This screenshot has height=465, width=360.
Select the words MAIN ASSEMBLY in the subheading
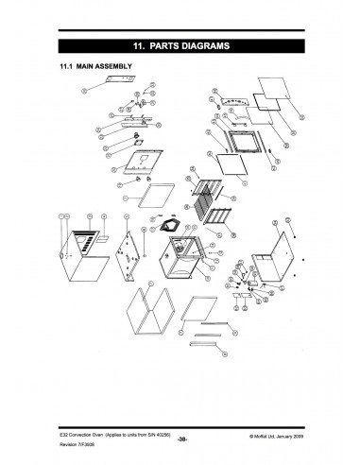[106, 66]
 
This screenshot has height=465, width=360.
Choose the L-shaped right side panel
[271, 250]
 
